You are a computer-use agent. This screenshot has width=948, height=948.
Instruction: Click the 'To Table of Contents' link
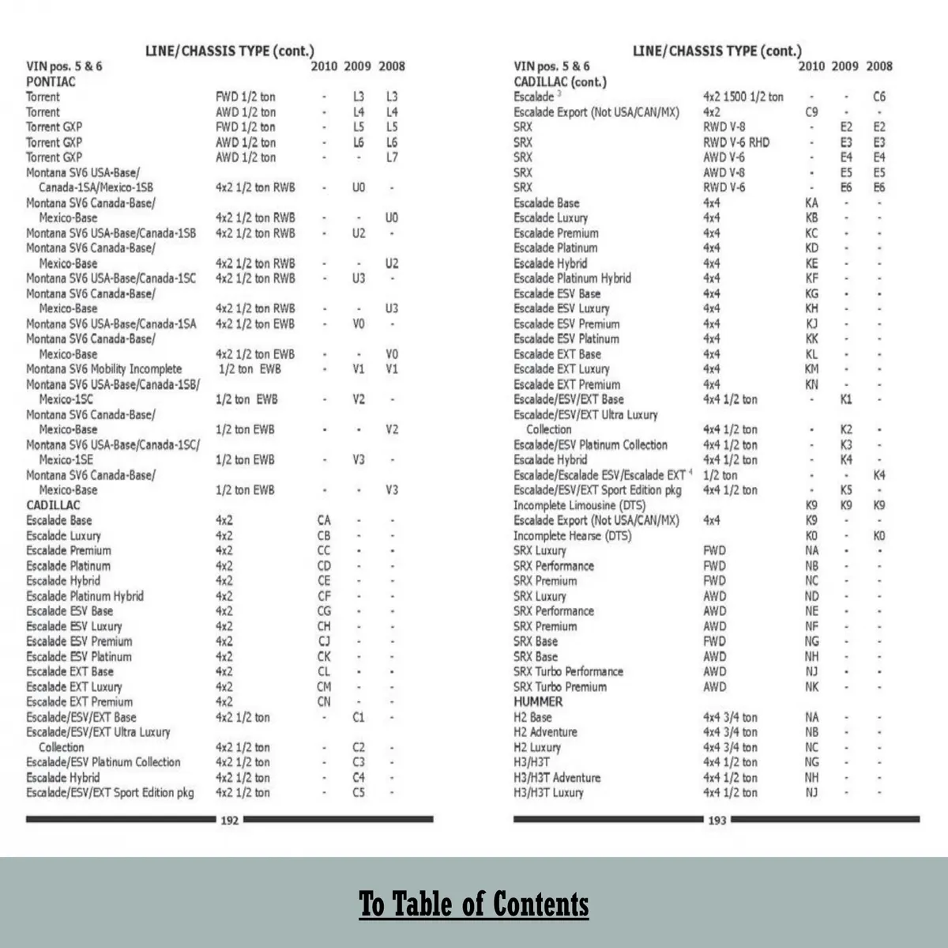pos(474,903)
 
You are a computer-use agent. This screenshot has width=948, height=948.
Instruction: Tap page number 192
pos(229,820)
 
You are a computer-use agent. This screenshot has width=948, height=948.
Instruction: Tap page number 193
pos(717,820)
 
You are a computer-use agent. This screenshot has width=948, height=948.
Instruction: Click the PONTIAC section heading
pos(51,81)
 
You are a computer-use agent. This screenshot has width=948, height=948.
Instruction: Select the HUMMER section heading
pos(538,701)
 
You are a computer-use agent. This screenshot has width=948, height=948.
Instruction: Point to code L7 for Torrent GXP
pos(392,157)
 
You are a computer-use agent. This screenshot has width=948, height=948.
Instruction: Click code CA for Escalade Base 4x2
pos(324,520)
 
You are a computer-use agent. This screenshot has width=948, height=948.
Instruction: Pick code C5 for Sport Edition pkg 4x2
pos(359,792)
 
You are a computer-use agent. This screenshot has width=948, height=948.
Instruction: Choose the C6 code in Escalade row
pos(879,96)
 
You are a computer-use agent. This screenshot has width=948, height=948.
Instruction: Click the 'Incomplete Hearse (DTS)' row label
pos(572,535)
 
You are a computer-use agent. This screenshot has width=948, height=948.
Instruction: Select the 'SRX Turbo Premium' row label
pos(559,686)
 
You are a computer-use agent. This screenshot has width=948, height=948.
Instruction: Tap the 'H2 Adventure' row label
pos(545,732)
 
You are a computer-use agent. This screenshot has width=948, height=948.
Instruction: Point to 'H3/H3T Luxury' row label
pos(548,792)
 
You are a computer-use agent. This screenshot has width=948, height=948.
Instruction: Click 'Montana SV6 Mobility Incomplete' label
pos(103,369)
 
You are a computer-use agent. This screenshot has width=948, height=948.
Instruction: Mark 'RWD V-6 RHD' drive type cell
pos(735,142)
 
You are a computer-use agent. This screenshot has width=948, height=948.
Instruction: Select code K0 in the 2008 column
pos(879,535)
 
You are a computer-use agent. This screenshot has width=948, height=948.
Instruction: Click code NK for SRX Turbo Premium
pos(812,686)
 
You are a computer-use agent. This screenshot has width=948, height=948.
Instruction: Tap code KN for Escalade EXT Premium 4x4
pos(812,384)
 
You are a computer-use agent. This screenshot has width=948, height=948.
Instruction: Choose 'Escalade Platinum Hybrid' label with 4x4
pos(572,278)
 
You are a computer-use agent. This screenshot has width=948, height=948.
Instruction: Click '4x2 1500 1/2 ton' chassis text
pos(743,96)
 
